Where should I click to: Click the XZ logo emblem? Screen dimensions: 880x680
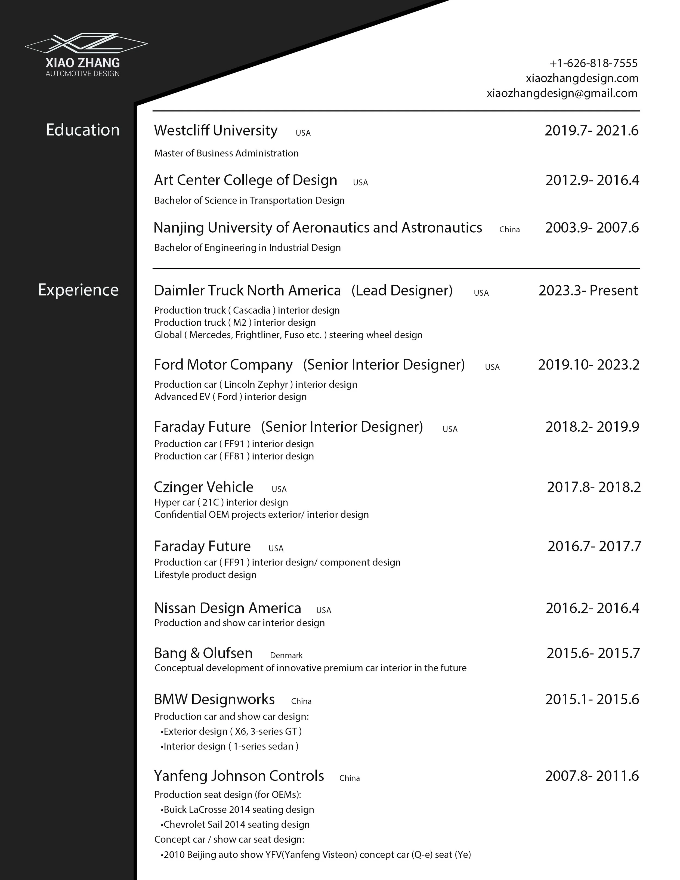tap(86, 43)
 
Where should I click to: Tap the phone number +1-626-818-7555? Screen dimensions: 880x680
tap(594, 63)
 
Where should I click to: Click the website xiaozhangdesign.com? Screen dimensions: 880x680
tap(582, 78)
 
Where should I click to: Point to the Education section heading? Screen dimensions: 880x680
tap(83, 130)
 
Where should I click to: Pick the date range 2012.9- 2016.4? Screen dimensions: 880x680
tap(592, 180)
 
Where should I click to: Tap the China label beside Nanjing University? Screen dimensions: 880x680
tap(509, 230)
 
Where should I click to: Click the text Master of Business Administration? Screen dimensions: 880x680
tap(226, 153)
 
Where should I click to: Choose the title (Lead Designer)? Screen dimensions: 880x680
tap(402, 291)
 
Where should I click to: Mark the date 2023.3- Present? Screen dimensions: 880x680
tap(588, 291)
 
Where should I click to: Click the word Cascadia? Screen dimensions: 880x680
tap(251, 310)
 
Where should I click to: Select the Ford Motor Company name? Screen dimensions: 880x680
tap(223, 365)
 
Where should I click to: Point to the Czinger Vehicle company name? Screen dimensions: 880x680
tap(203, 487)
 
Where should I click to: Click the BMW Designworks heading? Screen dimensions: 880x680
tap(214, 699)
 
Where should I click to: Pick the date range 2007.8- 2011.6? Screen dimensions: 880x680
tap(592, 776)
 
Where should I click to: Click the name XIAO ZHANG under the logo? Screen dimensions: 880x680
tap(83, 63)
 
